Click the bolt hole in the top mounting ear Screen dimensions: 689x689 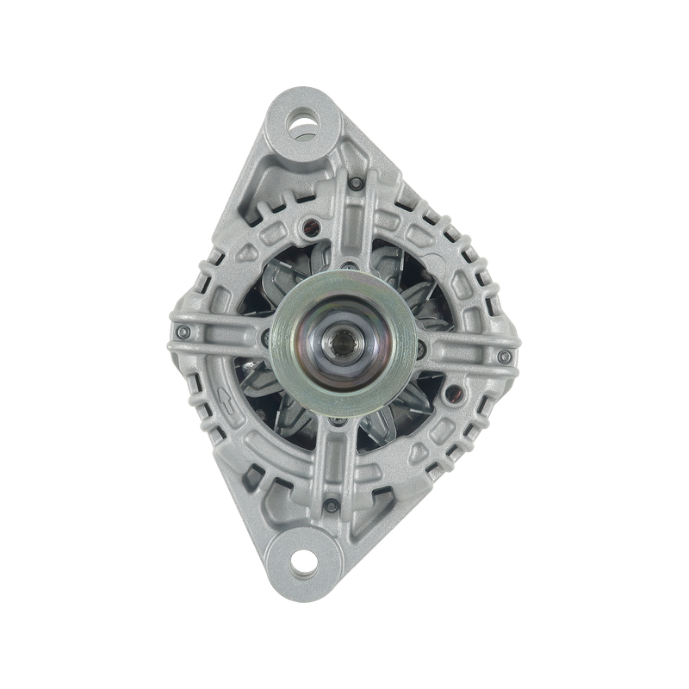coord(302,120)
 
